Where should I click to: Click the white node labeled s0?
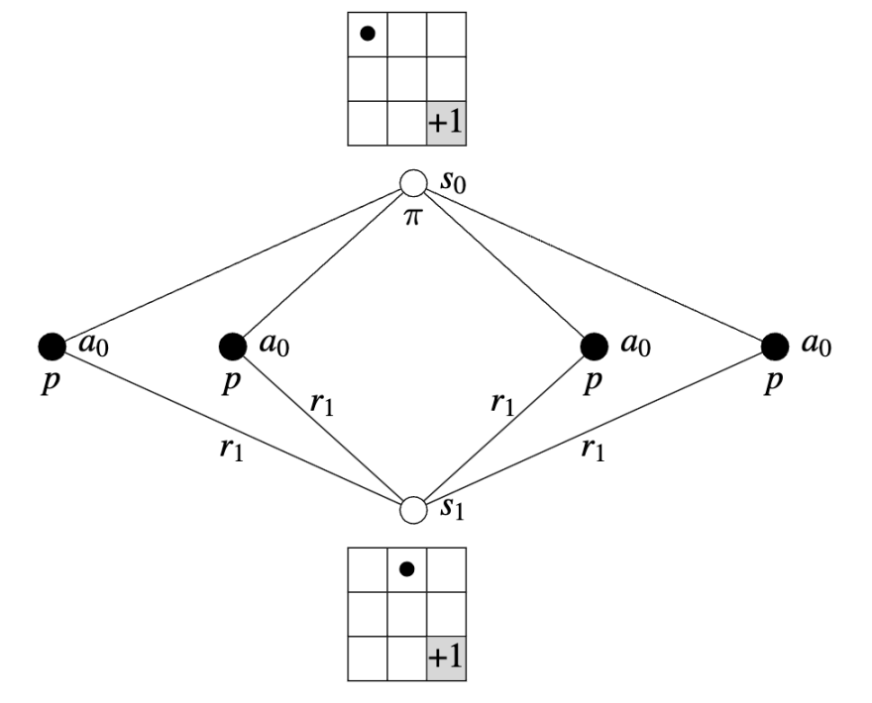click(413, 183)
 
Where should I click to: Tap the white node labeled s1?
click(413, 510)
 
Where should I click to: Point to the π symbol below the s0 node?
click(411, 217)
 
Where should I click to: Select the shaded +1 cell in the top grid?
click(447, 125)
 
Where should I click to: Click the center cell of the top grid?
click(406, 79)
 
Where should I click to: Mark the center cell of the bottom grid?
click(406, 613)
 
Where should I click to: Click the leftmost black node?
click(52, 346)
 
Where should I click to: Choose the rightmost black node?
click(776, 346)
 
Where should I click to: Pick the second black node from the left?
click(232, 346)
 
